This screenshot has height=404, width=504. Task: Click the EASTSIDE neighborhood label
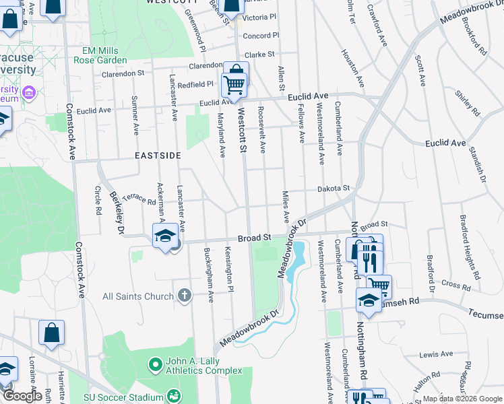click(x=158, y=156)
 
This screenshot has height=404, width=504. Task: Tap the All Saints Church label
click(x=138, y=296)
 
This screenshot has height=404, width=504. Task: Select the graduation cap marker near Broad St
click(x=164, y=236)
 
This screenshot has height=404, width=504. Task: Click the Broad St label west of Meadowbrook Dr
click(x=254, y=238)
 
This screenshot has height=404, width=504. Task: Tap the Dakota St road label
click(x=334, y=189)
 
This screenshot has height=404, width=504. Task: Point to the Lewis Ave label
click(x=435, y=353)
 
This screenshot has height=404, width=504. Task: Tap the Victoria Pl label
click(x=261, y=16)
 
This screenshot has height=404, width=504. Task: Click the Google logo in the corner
click(x=22, y=396)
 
